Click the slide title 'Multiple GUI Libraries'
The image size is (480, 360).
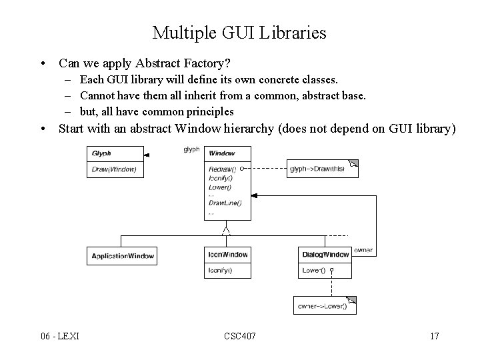(239, 32)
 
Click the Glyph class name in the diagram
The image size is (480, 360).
(101, 153)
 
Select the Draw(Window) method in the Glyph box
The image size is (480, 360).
(114, 169)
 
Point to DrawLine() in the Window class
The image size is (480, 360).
(225, 202)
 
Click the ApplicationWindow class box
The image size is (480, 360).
(123, 256)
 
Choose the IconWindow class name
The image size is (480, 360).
(228, 255)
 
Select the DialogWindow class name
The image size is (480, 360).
(325, 255)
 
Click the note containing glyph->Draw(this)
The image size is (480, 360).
(321, 169)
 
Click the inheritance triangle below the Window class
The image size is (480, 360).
(227, 231)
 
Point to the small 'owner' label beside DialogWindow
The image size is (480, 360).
(363, 251)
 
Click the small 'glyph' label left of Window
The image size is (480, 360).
(191, 149)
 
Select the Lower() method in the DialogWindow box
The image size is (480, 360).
(313, 270)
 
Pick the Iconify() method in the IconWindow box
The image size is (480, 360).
(220, 270)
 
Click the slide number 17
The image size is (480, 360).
(435, 335)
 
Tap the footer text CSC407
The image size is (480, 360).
(239, 335)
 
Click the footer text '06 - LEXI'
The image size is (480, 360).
(59, 335)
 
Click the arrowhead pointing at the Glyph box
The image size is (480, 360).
(147, 155)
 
